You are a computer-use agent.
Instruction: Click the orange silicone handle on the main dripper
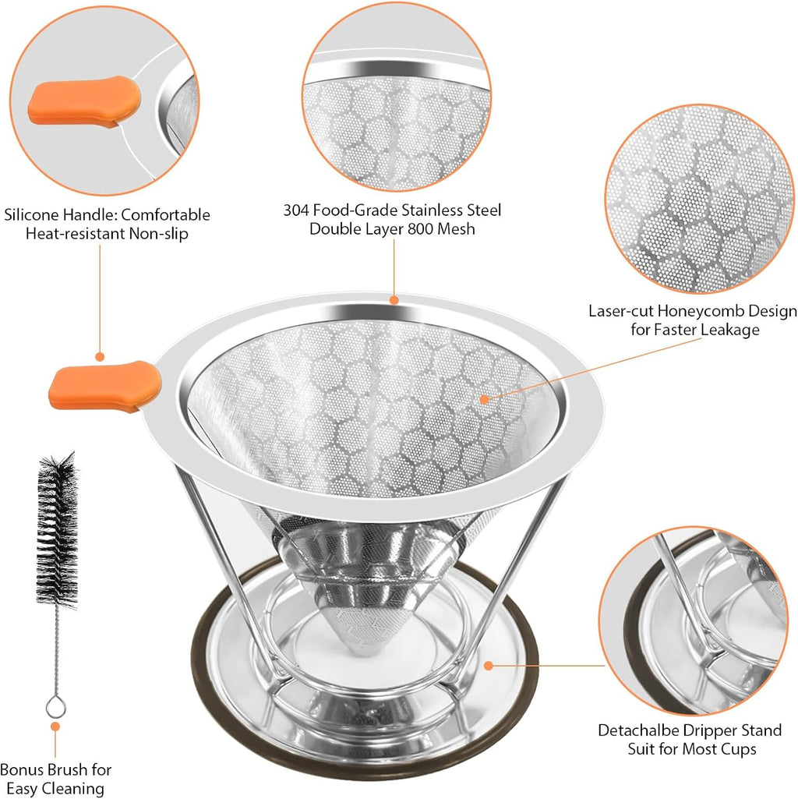[x=104, y=385]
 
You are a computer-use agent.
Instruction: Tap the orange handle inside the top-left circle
[x=84, y=102]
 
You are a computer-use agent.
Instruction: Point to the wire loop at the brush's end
[x=55, y=706]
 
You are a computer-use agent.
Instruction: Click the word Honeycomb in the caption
[x=687, y=312]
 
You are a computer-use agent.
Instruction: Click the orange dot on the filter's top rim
[x=394, y=299]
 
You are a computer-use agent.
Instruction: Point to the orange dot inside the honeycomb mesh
[x=484, y=398]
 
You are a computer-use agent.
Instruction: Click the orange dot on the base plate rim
[x=489, y=666]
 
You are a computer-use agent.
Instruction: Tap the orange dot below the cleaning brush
[x=55, y=727]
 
